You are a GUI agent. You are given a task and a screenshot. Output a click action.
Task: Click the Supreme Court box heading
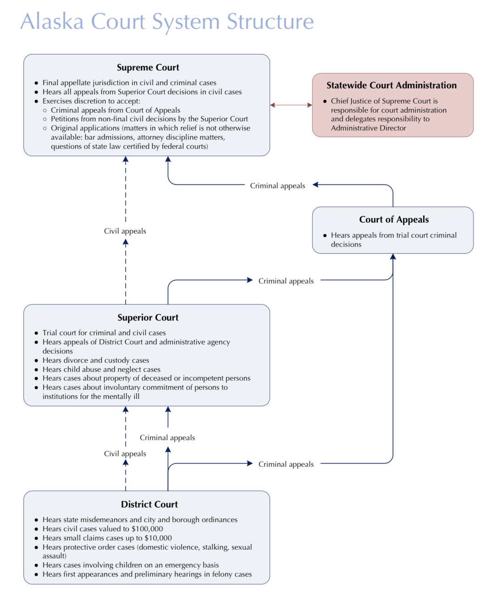point(148,67)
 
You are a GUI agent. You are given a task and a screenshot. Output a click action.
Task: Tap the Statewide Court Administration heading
point(391,85)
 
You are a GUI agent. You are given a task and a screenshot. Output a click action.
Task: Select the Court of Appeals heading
point(394,219)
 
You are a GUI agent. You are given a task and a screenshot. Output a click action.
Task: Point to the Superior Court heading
point(148,317)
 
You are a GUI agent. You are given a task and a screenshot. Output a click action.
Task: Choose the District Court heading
point(149,504)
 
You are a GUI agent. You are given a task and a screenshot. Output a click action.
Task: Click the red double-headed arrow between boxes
point(291,105)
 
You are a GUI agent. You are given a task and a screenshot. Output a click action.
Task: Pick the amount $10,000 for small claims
point(158,538)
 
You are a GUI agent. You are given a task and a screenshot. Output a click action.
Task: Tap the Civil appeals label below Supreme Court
point(125,231)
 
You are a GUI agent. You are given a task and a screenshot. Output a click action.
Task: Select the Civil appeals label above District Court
point(125,453)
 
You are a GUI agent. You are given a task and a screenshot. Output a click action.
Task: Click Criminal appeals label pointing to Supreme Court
point(278,186)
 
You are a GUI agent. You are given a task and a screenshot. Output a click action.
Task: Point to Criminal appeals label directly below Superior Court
point(167,438)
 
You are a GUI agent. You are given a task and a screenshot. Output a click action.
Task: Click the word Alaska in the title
point(52,21)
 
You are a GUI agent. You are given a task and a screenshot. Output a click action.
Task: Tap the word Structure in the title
point(270,21)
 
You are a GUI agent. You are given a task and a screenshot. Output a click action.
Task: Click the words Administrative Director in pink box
point(369,128)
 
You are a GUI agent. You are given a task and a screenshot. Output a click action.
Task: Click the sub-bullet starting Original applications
point(147,137)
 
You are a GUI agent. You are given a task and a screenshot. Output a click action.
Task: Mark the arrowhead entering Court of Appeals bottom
point(393,257)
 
